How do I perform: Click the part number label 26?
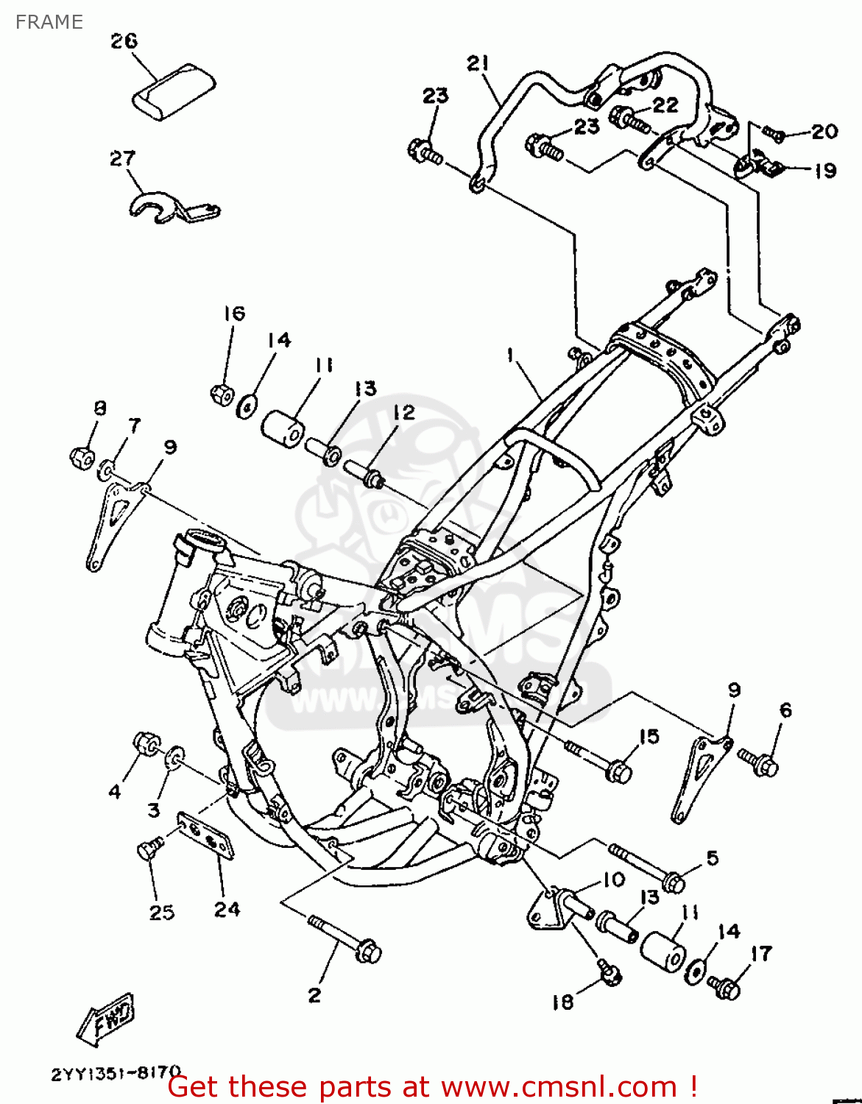[124, 40]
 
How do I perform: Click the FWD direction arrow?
[105, 1018]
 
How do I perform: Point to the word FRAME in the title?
[49, 22]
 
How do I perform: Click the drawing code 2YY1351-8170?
[116, 1073]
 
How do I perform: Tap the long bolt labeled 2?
[346, 938]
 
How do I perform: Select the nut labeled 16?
[222, 394]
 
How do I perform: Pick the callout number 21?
[478, 64]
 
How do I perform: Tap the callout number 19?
[824, 170]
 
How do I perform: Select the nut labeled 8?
[81, 457]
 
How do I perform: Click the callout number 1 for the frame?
[509, 355]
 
